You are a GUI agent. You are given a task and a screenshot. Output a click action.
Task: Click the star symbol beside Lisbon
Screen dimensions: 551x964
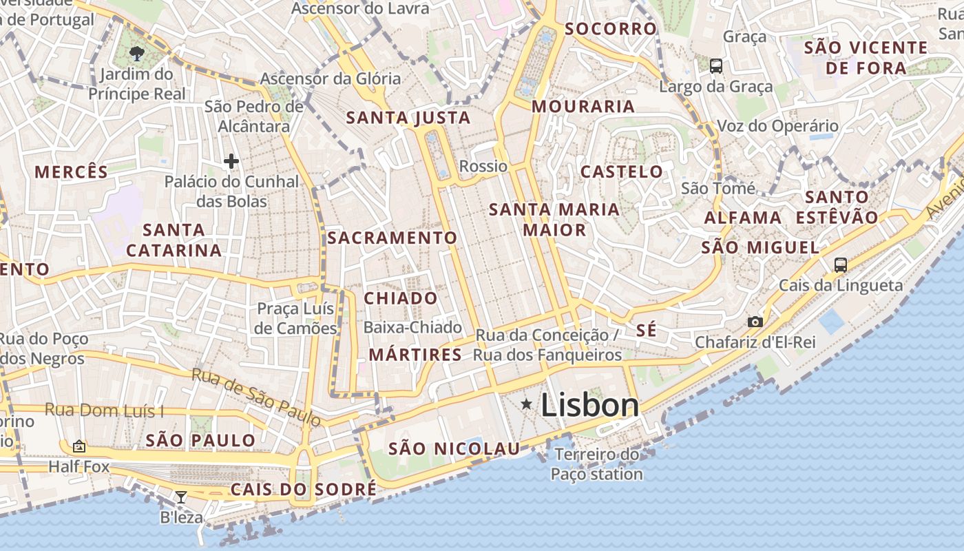click(527, 404)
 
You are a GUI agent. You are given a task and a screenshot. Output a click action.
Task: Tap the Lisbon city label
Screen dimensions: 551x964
click(590, 405)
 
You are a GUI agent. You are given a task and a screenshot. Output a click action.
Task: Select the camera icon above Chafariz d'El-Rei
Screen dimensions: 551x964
click(755, 322)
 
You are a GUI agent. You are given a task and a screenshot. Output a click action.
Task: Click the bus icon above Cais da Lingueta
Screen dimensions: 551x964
click(840, 264)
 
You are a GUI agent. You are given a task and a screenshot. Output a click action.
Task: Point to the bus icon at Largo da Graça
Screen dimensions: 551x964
click(716, 66)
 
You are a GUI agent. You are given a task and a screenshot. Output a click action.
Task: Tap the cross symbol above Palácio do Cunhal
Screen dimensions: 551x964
click(231, 162)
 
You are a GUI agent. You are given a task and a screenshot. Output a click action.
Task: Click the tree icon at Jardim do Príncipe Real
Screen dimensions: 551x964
click(137, 53)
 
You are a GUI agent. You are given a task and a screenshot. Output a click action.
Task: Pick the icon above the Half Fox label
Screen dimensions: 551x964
click(79, 446)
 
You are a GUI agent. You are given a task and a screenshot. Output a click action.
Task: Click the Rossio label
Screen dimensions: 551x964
click(483, 166)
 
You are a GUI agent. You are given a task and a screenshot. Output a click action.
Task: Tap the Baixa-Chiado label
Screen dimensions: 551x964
click(412, 327)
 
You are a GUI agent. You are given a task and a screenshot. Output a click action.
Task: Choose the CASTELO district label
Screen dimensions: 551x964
click(622, 171)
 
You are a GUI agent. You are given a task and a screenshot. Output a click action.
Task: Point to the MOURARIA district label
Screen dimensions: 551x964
click(583, 106)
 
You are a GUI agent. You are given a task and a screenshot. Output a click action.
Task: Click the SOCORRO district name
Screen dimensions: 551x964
click(611, 29)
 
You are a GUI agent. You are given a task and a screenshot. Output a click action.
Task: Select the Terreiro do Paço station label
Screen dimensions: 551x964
click(597, 464)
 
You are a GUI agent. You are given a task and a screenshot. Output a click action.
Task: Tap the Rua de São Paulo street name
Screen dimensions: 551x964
click(256, 397)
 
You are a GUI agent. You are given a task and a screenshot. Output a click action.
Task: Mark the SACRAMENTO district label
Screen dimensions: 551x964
click(392, 238)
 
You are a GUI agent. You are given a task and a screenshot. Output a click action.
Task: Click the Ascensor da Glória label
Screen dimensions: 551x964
click(331, 79)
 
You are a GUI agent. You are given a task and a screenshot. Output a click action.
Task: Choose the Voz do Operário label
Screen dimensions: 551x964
click(778, 126)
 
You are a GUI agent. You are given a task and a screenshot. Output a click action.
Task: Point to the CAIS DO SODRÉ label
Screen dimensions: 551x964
click(304, 489)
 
